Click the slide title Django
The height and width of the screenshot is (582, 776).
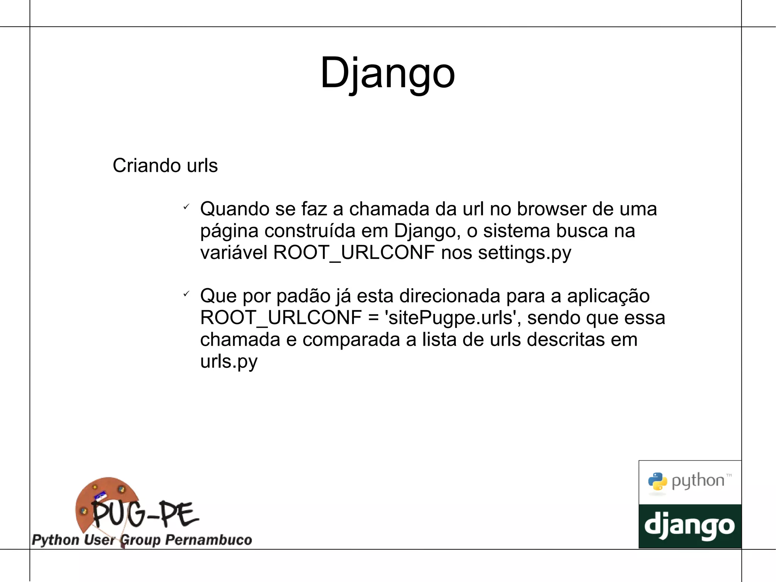pyautogui.click(x=387, y=73)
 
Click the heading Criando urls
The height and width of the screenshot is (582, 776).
pyautogui.click(x=165, y=166)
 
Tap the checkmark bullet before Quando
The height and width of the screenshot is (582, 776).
pyautogui.click(x=186, y=207)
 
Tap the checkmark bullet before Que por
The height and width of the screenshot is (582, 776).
pyautogui.click(x=186, y=294)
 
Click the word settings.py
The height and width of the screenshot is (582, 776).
pyautogui.click(x=524, y=253)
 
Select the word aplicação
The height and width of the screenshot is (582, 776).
pyautogui.click(x=608, y=296)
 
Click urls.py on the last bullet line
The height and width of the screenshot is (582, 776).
pyautogui.click(x=229, y=361)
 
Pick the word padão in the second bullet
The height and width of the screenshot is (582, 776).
pyautogui.click(x=304, y=296)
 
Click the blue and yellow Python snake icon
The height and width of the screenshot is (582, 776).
pyautogui.click(x=657, y=482)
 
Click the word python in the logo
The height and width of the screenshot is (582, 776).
pyautogui.click(x=698, y=481)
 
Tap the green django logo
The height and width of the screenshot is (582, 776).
pyautogui.click(x=690, y=526)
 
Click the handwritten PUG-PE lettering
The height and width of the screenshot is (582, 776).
pyautogui.click(x=145, y=514)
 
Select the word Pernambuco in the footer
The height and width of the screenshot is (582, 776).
pyautogui.click(x=209, y=540)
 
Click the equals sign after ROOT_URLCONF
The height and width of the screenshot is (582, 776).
pyautogui.click(x=373, y=318)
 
